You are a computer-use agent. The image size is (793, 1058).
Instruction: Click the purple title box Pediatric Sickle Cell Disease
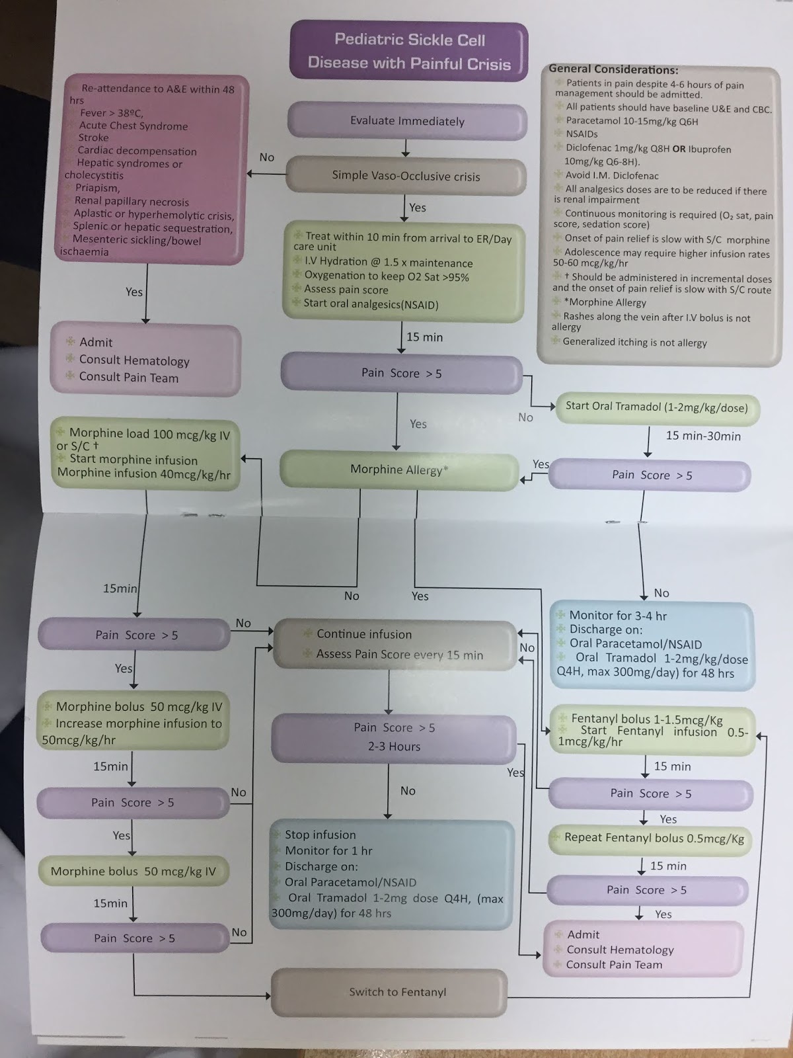click(409, 52)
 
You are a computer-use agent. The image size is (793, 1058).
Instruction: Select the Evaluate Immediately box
click(407, 121)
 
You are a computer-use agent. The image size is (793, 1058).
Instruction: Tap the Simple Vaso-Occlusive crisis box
click(406, 176)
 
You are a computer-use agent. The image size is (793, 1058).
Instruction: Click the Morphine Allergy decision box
click(399, 469)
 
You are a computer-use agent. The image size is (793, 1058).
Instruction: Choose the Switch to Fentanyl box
click(397, 992)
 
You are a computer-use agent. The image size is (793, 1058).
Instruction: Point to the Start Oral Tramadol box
click(656, 407)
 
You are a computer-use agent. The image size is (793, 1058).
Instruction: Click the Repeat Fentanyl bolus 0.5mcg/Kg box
click(654, 838)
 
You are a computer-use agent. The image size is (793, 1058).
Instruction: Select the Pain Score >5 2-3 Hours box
click(394, 737)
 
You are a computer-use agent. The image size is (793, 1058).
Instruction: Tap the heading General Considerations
click(613, 69)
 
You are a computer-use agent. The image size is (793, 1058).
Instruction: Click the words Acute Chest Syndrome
click(133, 126)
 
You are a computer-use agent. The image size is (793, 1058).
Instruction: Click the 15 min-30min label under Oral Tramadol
click(702, 436)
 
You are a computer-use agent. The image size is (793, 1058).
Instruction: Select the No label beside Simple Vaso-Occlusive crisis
click(266, 157)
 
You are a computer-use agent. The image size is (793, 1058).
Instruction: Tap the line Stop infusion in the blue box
click(320, 834)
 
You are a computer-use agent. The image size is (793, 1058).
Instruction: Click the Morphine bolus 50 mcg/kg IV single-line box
click(133, 871)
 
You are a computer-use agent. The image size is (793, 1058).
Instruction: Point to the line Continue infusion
click(363, 634)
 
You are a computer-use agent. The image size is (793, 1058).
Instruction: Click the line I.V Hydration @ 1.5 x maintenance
click(388, 263)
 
